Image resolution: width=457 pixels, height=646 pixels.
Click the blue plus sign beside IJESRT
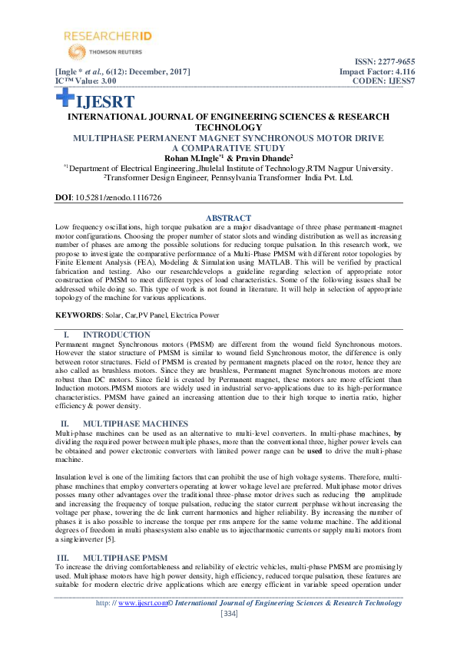tap(65, 97)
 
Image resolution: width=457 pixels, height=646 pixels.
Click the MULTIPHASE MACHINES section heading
tap(135, 424)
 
